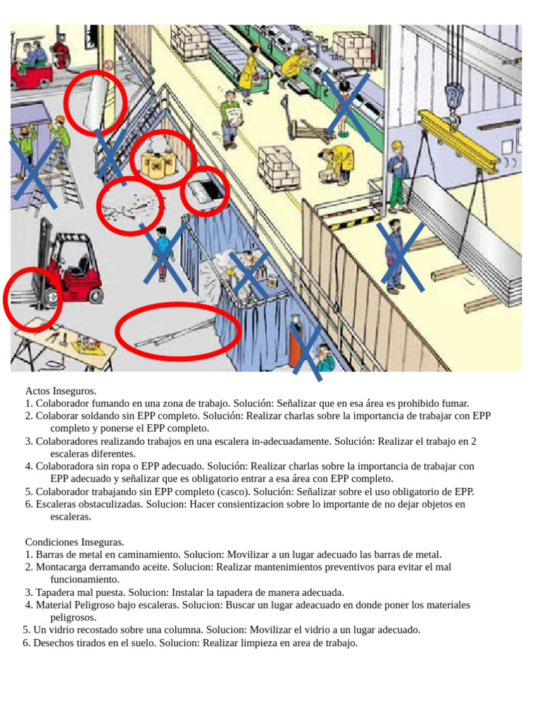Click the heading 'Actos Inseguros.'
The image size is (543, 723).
(61, 390)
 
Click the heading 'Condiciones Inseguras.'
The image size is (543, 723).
(74, 542)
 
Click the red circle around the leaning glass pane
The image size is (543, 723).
(95, 103)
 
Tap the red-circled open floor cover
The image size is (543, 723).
(205, 189)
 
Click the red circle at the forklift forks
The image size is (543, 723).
(31, 299)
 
